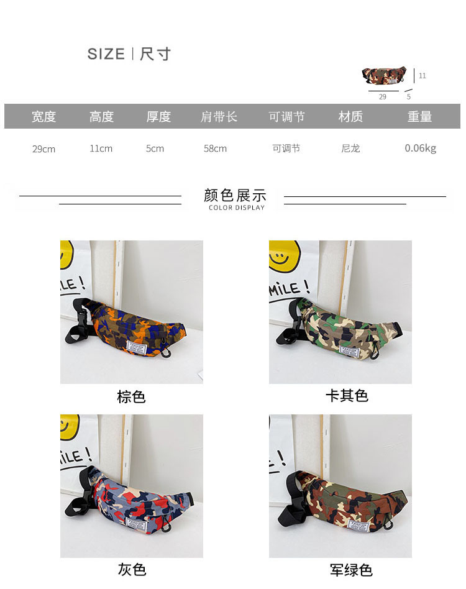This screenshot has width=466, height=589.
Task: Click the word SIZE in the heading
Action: coord(106,54)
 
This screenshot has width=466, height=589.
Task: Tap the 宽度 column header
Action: coord(43,116)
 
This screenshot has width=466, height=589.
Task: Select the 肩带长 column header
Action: coord(219,116)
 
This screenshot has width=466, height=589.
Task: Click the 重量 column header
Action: coord(420,116)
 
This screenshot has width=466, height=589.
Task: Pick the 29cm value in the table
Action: coord(43,149)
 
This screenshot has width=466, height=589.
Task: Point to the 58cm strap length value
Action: coord(215,148)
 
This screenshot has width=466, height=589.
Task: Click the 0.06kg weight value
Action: coord(421,148)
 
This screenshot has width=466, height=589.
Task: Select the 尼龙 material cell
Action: coord(350,148)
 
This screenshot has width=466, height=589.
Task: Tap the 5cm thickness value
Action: coord(155,148)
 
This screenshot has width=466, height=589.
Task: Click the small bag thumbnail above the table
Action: coord(384,76)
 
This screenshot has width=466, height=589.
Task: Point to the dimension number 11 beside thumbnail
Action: coord(423,76)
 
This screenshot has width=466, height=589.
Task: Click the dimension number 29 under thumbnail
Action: coord(383,97)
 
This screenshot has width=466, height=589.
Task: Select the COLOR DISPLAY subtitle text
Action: coord(237,208)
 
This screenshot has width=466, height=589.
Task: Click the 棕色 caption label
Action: coord(131,396)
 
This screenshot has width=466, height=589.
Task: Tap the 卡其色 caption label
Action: coord(347,396)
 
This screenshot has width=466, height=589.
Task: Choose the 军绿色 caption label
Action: coord(351,570)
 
